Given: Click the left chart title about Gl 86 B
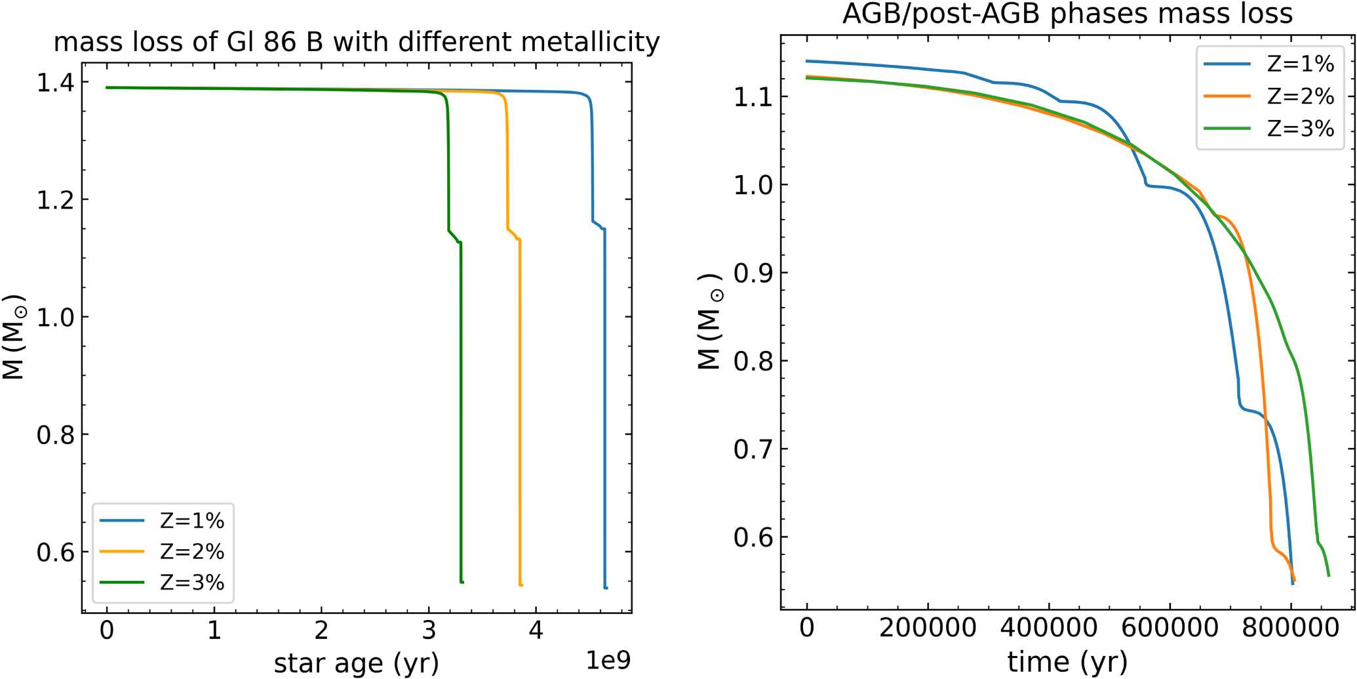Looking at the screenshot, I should click(x=357, y=42).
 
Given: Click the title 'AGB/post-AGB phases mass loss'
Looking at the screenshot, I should click(x=1067, y=13).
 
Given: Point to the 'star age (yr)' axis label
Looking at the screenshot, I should click(x=356, y=663).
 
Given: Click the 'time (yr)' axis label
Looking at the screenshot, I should click(x=1067, y=662).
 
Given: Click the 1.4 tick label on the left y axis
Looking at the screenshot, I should click(x=55, y=83).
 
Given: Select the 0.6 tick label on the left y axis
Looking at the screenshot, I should click(x=55, y=552).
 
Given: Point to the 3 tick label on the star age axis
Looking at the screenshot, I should click(x=429, y=630).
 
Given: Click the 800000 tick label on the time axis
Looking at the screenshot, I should click(x=1290, y=628).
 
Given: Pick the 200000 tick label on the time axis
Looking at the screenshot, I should click(x=928, y=628).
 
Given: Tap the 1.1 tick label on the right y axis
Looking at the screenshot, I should click(x=753, y=97).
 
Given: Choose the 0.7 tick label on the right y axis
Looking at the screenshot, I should click(x=753, y=449).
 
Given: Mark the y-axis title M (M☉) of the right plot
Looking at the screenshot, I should click(x=711, y=321).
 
